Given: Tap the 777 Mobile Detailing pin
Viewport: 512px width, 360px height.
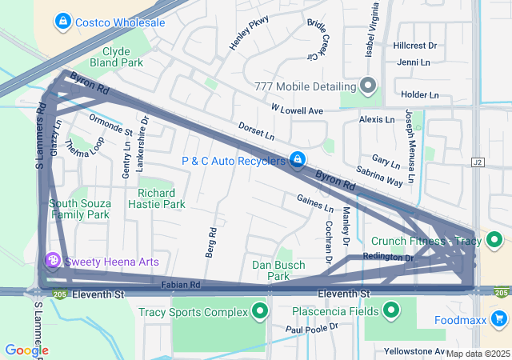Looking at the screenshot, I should [x=368, y=85].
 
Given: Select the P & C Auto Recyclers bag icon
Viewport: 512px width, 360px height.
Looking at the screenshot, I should [x=297, y=161].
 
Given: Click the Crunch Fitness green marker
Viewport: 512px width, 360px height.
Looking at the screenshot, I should [x=496, y=239].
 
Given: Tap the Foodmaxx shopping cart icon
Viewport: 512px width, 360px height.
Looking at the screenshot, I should [x=500, y=320].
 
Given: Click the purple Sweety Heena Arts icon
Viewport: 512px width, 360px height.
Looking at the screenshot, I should [x=53, y=261].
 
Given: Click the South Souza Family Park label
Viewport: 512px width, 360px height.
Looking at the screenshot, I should [x=79, y=209].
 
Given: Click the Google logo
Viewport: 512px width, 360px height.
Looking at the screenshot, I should [x=26, y=350].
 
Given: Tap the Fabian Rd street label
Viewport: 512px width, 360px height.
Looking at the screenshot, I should [x=180, y=284].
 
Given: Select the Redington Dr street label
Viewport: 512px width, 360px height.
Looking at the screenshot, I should [x=387, y=257].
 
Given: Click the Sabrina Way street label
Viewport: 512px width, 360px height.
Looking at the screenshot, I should [x=379, y=176].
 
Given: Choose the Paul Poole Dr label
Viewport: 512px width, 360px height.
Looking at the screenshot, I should [x=312, y=327].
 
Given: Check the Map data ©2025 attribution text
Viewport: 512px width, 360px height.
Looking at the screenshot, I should [x=478, y=354].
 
